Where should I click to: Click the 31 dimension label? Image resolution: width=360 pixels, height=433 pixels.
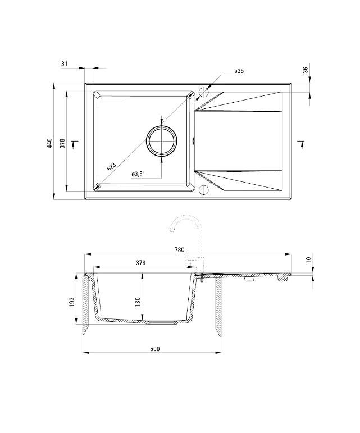[65, 65]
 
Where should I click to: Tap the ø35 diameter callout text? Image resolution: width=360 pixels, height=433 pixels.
[239, 71]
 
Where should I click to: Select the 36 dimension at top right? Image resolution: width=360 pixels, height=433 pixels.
[305, 70]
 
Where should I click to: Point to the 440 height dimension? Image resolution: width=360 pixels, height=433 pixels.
[49, 143]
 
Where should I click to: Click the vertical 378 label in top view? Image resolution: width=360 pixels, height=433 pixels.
[62, 143]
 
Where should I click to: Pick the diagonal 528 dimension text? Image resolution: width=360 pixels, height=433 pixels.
[111, 167]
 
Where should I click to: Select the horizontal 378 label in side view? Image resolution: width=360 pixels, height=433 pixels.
[141, 262]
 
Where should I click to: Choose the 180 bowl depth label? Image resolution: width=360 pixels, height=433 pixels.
[137, 302]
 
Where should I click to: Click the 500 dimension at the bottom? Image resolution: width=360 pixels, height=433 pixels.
[155, 349]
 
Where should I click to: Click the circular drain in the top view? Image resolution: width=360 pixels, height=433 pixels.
[162, 140]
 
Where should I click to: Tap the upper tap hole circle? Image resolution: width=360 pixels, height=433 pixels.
[203, 92]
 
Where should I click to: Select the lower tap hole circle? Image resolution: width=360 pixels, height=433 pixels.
[203, 189]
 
